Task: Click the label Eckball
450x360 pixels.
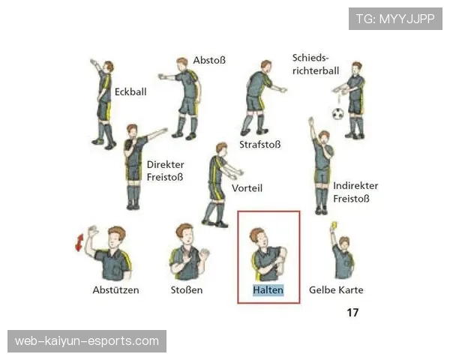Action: (x=130, y=91)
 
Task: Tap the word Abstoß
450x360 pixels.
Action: (x=209, y=60)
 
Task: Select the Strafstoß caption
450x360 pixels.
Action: (x=260, y=145)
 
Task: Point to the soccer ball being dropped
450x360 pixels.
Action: (x=337, y=114)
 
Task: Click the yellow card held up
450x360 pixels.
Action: (x=334, y=225)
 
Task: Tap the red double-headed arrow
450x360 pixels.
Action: (x=79, y=242)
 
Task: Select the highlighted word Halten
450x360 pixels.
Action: (x=268, y=290)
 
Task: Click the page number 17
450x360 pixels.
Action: (x=352, y=312)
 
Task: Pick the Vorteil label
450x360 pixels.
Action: (x=247, y=188)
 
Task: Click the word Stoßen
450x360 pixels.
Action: (x=187, y=290)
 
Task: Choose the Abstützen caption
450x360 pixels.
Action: (x=115, y=290)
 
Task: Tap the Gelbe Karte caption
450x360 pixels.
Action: (x=336, y=290)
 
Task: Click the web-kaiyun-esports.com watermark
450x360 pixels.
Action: (x=87, y=341)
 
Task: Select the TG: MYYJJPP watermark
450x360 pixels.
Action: (x=395, y=19)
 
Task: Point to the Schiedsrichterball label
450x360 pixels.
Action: (x=316, y=64)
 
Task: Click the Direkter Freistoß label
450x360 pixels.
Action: (x=166, y=171)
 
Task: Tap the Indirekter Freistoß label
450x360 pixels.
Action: (x=355, y=192)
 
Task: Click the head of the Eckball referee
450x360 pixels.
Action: (x=109, y=67)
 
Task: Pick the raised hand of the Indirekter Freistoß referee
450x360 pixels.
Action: (x=310, y=121)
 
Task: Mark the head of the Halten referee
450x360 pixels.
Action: (x=259, y=238)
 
